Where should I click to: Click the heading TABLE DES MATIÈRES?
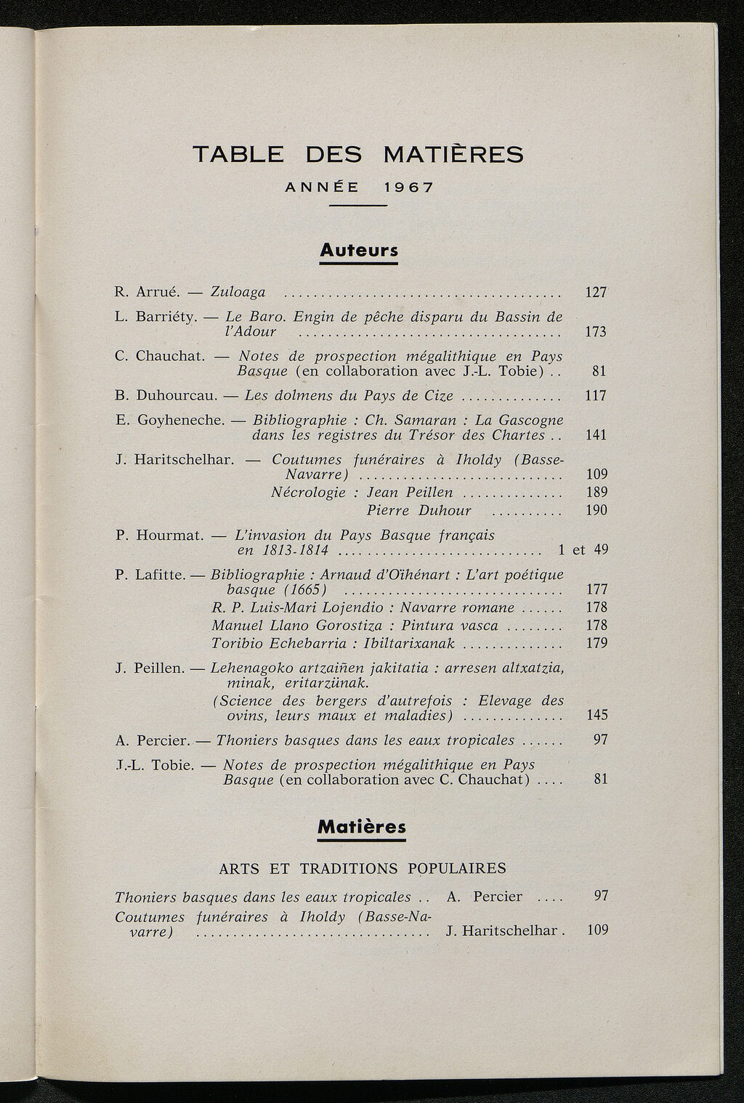tap(358, 154)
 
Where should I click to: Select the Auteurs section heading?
tap(358, 251)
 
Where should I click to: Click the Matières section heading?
tap(361, 827)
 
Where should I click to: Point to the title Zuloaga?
tap(238, 292)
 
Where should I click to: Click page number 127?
tap(596, 292)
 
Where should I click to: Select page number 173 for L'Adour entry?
tap(596, 332)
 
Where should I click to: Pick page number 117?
tap(596, 396)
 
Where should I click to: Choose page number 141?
tap(596, 435)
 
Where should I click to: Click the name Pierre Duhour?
tap(418, 510)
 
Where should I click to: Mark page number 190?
tap(596, 510)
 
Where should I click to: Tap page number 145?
tap(596, 715)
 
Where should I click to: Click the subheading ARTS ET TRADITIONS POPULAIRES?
tap(362, 868)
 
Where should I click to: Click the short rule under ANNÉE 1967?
tap(358, 207)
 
